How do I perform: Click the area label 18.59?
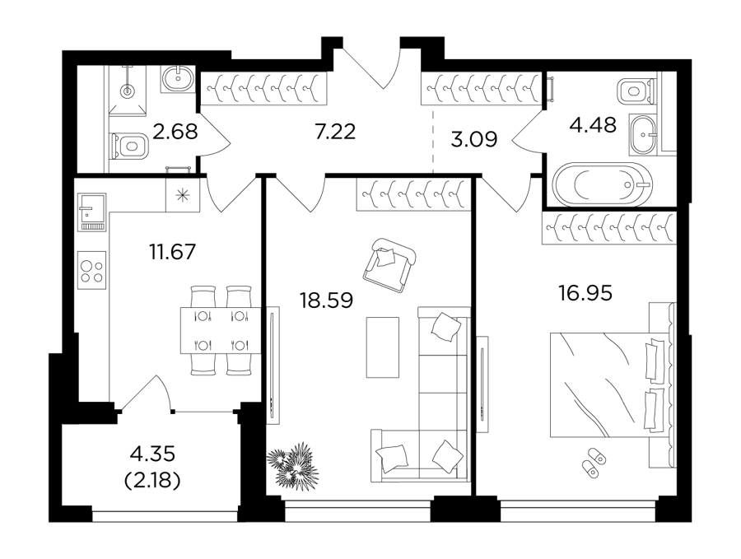[326, 300]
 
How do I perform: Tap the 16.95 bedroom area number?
[585, 293]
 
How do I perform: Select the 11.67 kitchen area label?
[172, 251]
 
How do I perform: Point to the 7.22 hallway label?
[335, 132]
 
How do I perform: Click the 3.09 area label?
[473, 139]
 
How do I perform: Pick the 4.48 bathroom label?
[593, 125]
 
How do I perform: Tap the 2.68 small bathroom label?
[175, 132]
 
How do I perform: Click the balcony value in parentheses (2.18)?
[152, 481]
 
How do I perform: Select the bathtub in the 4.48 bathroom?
[602, 184]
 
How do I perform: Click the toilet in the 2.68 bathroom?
[129, 146]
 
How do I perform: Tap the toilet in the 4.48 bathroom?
[636, 91]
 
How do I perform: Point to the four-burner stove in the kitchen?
[91, 271]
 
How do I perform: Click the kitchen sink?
[91, 212]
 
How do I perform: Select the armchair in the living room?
[389, 266]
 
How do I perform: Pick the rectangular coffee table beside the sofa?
[382, 347]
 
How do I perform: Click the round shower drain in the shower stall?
[127, 91]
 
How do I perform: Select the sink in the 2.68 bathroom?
[179, 78]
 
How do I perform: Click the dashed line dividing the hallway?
[433, 142]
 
